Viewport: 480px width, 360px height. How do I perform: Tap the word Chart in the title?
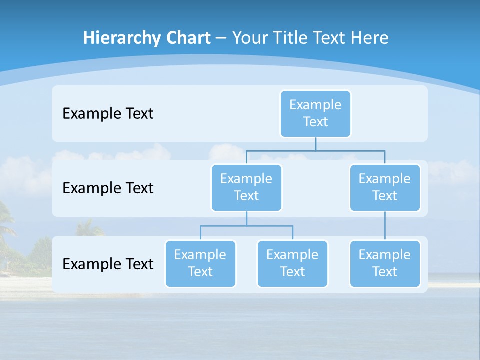pyautogui.click(x=188, y=38)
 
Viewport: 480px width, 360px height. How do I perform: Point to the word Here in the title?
pyautogui.click(x=369, y=38)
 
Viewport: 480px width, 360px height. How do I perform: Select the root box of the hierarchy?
pyautogui.click(x=315, y=114)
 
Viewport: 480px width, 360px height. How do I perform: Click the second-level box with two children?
pyautogui.click(x=246, y=188)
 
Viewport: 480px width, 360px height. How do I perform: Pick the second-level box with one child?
pyautogui.click(x=385, y=188)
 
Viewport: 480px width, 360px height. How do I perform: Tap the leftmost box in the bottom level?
pyautogui.click(x=200, y=264)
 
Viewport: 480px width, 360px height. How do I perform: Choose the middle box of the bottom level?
pyautogui.click(x=292, y=264)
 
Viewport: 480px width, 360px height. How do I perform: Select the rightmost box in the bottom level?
pyautogui.click(x=385, y=264)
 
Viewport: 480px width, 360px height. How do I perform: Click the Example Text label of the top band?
pyautogui.click(x=108, y=114)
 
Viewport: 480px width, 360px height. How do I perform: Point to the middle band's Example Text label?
pyautogui.click(x=108, y=188)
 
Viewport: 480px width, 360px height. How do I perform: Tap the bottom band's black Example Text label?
pyautogui.click(x=108, y=264)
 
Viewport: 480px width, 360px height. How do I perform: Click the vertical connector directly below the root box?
pyautogui.click(x=315, y=144)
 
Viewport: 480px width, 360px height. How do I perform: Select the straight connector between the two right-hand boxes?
pyautogui.click(x=385, y=226)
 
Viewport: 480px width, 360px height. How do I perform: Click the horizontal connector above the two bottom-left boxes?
pyautogui.click(x=246, y=226)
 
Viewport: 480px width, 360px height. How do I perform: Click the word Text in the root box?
pyautogui.click(x=315, y=122)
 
